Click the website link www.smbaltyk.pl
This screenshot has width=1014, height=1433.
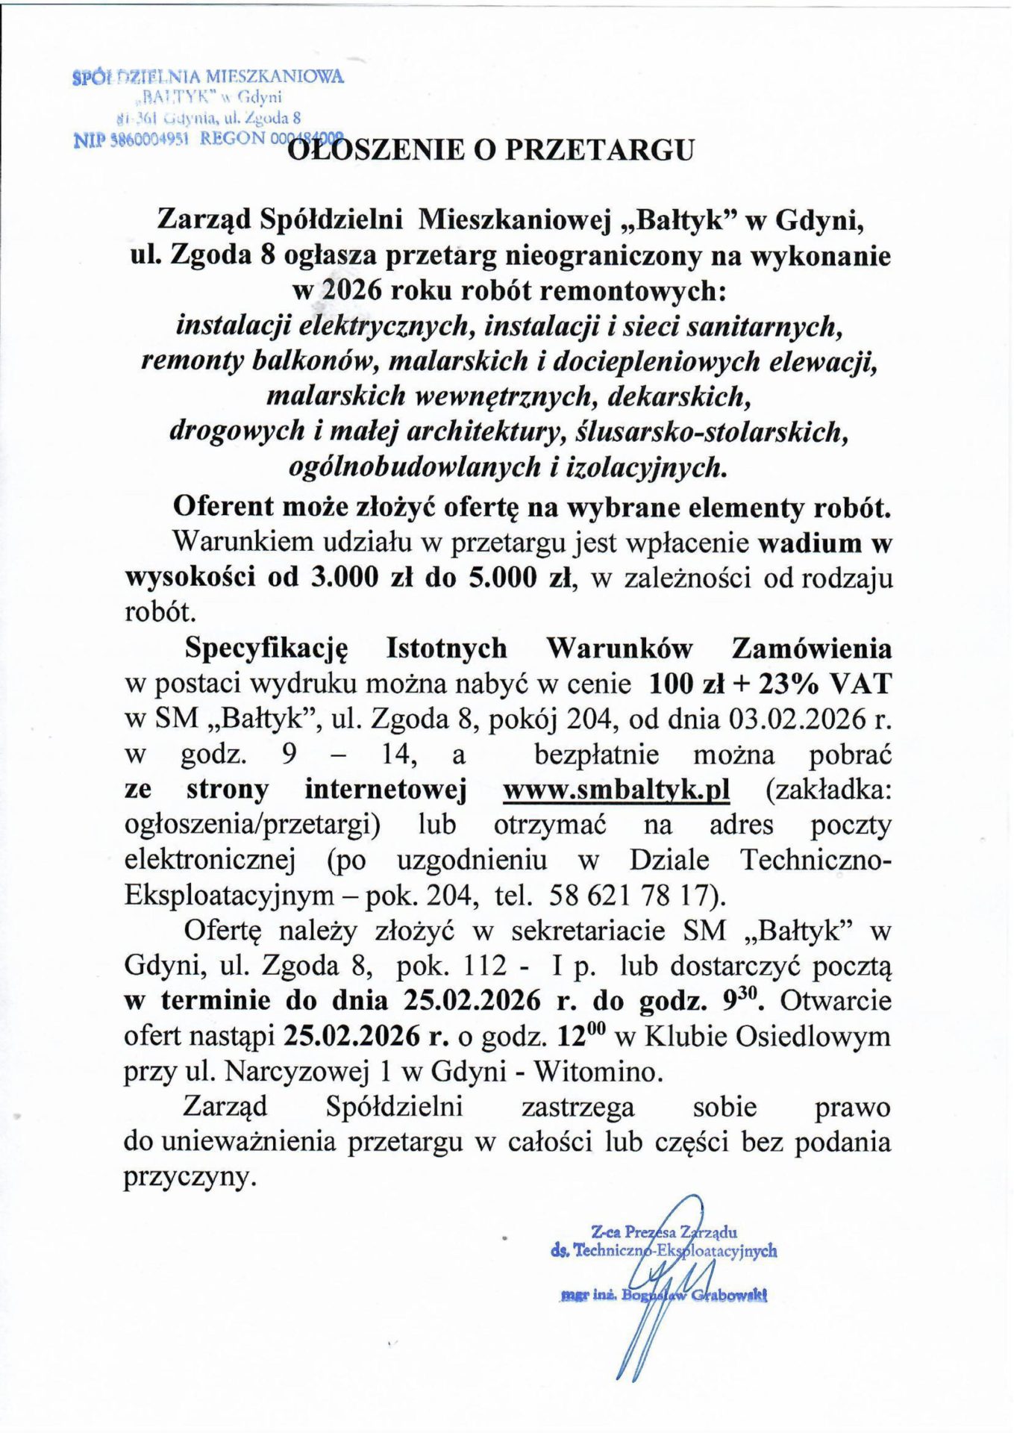tap(616, 790)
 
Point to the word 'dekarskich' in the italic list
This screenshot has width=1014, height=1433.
tap(677, 396)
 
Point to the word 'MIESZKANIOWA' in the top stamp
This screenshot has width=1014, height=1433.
tap(275, 76)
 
